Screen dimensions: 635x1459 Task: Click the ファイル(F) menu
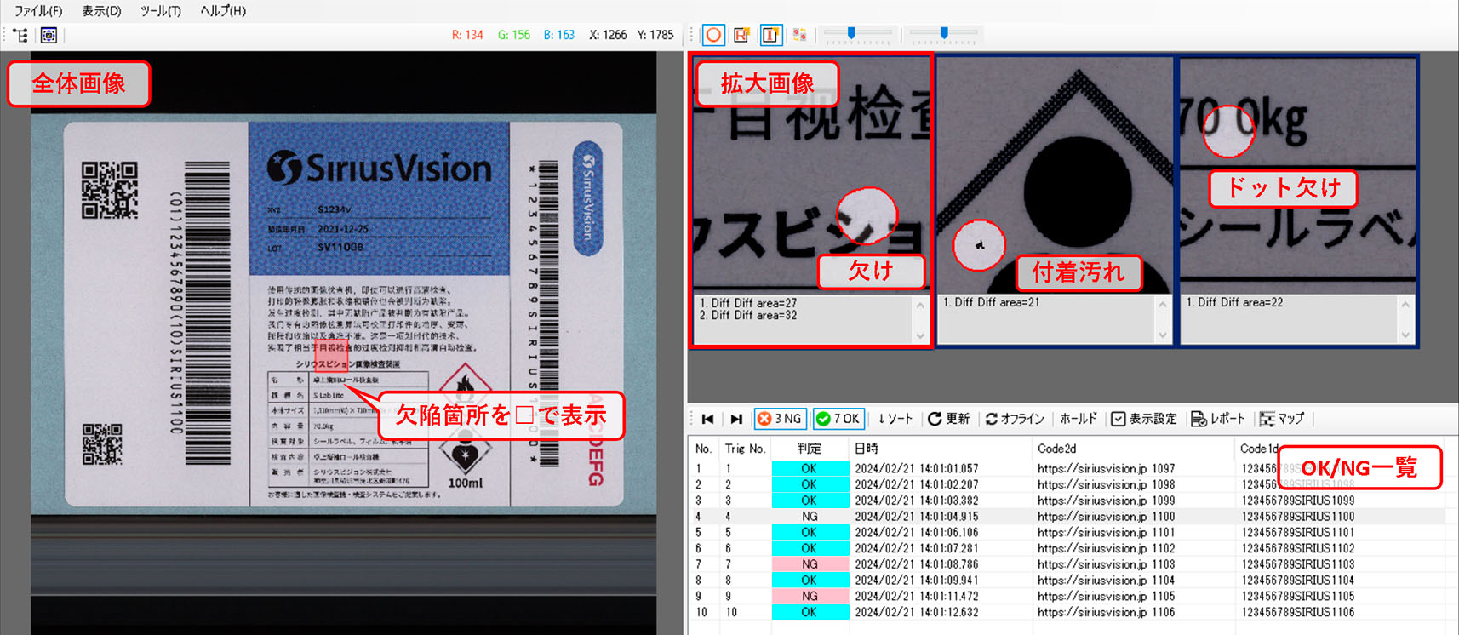click(x=38, y=11)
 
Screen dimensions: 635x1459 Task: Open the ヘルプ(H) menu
click(x=223, y=11)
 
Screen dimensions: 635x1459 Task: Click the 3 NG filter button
click(x=780, y=419)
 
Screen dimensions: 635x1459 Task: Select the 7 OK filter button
click(x=838, y=419)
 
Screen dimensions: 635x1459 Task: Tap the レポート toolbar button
click(x=1218, y=419)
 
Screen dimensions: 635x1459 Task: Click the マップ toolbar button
click(x=1282, y=419)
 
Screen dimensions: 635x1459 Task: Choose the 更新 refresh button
click(x=948, y=419)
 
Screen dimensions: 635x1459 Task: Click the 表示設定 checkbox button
click(x=1144, y=419)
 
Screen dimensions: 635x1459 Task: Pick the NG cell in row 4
click(x=810, y=517)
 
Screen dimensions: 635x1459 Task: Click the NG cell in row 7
click(x=810, y=564)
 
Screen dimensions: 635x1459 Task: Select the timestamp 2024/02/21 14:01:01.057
click(x=917, y=469)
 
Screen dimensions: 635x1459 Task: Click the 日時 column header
click(x=867, y=449)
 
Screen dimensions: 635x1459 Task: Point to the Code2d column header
click(x=1056, y=449)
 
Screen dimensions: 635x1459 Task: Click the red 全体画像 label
click(x=79, y=83)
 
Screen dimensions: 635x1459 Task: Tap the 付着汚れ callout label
click(x=1079, y=272)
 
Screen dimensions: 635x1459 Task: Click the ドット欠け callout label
click(x=1283, y=188)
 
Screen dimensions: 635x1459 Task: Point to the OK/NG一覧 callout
click(x=1359, y=467)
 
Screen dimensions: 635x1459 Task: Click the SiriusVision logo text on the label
click(x=380, y=169)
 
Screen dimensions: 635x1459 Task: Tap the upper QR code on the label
click(x=110, y=190)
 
